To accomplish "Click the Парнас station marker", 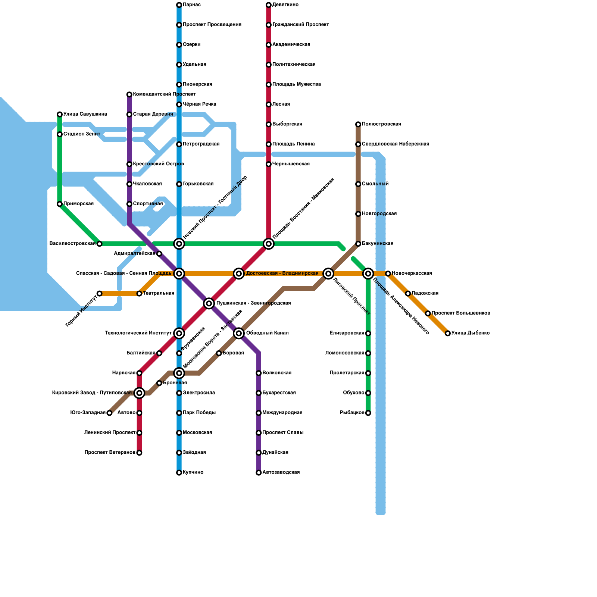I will [x=179, y=5].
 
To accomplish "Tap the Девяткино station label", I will [x=285, y=5].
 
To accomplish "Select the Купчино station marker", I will [x=179, y=473].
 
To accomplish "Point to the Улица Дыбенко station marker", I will [x=448, y=333].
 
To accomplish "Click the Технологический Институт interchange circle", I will [x=179, y=333].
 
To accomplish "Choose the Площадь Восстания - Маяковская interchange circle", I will [x=269, y=244].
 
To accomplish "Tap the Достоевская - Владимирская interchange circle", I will [x=239, y=274].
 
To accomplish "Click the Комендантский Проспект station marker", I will [x=129, y=94].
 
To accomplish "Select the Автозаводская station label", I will [x=281, y=472].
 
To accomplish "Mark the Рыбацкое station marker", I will [x=368, y=413].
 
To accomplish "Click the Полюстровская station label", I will [x=381, y=124].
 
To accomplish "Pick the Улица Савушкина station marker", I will [x=60, y=114].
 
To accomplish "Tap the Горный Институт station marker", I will [x=99, y=294].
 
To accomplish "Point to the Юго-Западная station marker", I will [x=109, y=413].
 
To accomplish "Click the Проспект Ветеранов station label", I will [x=110, y=453].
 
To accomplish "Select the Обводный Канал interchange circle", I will [x=239, y=333].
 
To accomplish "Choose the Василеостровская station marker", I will [x=99, y=244].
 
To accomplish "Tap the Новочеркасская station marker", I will [x=388, y=274].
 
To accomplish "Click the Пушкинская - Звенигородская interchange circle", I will [x=209, y=303].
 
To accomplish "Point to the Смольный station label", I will [x=375, y=184].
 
